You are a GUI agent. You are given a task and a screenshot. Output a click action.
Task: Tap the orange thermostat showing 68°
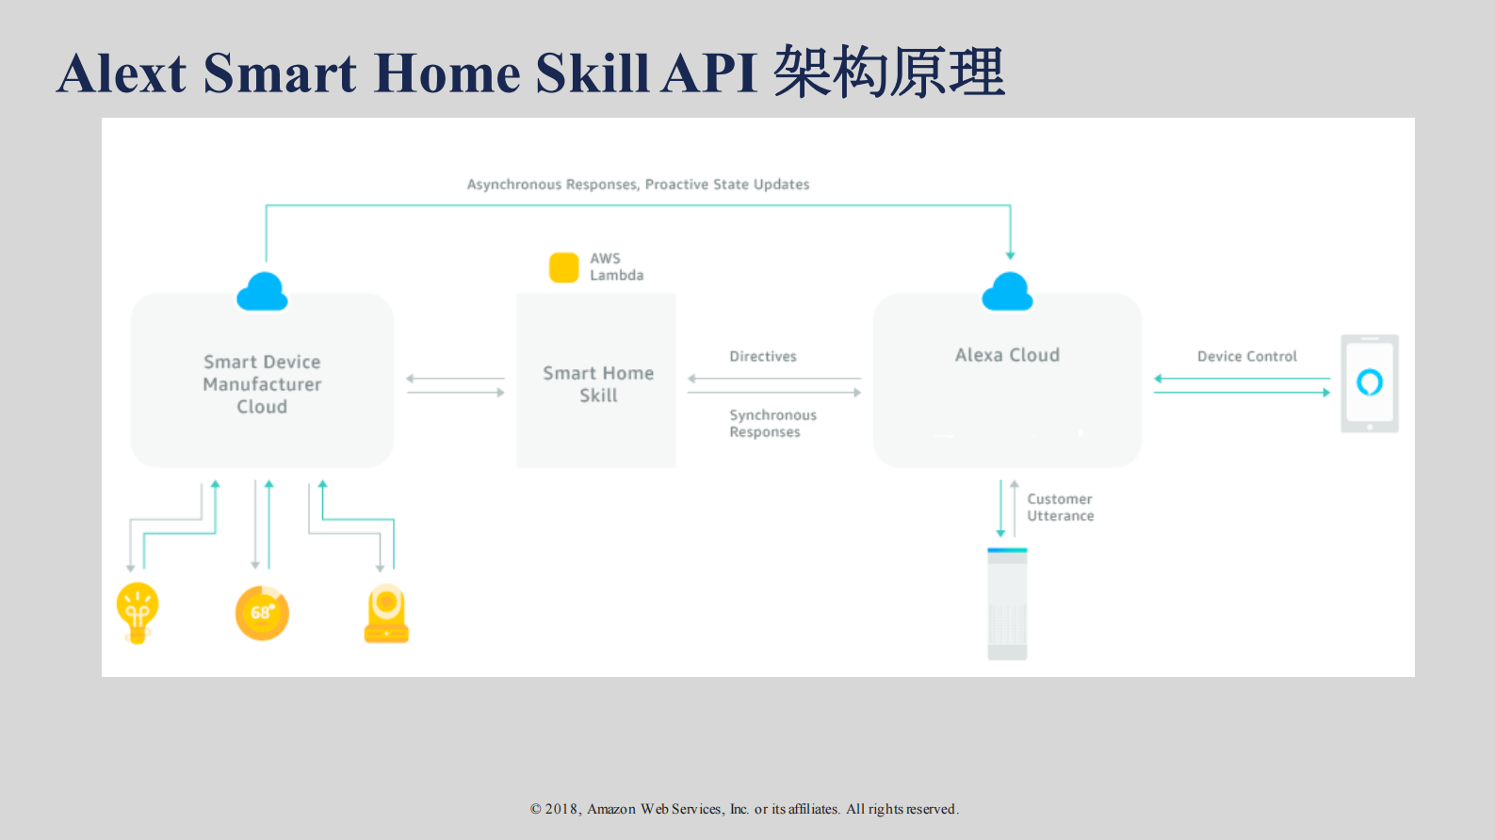pos(262,613)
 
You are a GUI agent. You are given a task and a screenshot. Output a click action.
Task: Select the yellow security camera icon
pos(386,614)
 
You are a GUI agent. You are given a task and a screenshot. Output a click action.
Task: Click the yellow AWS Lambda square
pos(563,267)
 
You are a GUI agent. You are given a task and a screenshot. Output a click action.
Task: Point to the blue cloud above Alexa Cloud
pos(1007,293)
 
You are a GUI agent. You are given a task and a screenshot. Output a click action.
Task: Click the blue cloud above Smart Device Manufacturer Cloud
pos(262,293)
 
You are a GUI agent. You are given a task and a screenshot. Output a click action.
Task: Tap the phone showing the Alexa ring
pos(1369,383)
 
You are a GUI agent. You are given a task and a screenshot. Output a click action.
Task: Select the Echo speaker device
pos(1007,604)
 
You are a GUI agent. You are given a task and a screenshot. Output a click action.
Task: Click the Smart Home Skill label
pos(598,384)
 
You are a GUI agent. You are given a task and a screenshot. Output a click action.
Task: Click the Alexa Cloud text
pos(1007,355)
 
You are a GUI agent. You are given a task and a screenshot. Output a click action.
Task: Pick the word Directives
pos(762,356)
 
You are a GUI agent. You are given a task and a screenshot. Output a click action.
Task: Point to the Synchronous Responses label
pos(772,424)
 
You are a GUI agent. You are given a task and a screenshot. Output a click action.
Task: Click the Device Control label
pos(1246,356)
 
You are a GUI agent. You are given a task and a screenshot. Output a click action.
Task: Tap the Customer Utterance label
pos(1060,508)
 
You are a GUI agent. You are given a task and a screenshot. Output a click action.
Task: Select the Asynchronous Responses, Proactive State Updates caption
pos(638,185)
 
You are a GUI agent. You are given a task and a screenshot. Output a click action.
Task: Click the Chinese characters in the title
pos(888,73)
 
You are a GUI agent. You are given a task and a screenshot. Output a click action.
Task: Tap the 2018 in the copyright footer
pos(561,809)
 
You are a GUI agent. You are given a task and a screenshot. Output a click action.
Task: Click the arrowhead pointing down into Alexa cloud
pos(1010,255)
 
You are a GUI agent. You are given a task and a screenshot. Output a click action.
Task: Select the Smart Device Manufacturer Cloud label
pos(262,384)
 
